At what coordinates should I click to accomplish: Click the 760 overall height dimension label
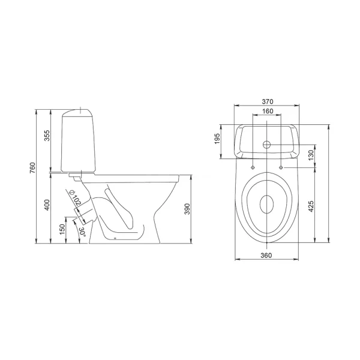point(32,167)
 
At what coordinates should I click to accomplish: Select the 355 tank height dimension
point(47,136)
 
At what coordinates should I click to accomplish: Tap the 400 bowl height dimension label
point(47,205)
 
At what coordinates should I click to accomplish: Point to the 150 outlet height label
point(62,229)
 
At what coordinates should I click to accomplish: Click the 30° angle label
point(82,232)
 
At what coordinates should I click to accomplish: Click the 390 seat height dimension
point(188,209)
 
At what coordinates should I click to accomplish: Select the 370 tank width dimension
point(267,101)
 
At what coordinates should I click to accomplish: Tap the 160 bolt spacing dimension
point(268,111)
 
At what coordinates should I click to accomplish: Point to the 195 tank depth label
point(217,139)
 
